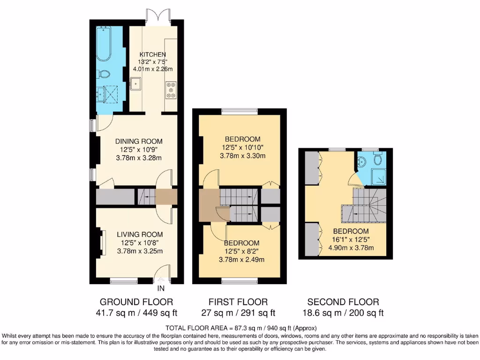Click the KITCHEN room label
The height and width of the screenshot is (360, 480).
pyautogui.click(x=151, y=55)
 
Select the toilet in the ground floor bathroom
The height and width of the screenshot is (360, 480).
pyautogui.click(x=104, y=74)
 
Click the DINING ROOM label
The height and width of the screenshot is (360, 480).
pyautogui.click(x=139, y=141)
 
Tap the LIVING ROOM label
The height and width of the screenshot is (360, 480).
pyautogui.click(x=140, y=234)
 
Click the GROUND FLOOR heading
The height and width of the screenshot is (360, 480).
pyautogui.click(x=136, y=302)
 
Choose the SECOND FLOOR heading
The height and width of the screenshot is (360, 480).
pyautogui.click(x=343, y=302)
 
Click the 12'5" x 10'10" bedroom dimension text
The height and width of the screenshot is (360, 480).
pyautogui.click(x=242, y=148)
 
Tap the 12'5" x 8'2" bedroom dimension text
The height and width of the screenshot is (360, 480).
pyautogui.click(x=241, y=251)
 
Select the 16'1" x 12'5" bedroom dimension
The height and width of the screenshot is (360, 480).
pyautogui.click(x=351, y=240)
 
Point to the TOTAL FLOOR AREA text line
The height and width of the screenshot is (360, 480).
pyautogui.click(x=240, y=328)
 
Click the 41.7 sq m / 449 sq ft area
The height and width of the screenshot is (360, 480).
pyautogui.click(x=136, y=313)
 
